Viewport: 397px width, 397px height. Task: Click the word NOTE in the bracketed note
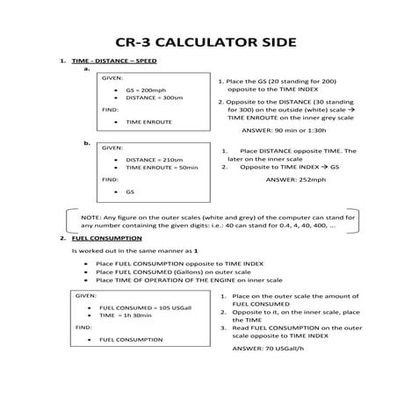point(90,215)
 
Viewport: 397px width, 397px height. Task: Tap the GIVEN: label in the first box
point(112,77)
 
